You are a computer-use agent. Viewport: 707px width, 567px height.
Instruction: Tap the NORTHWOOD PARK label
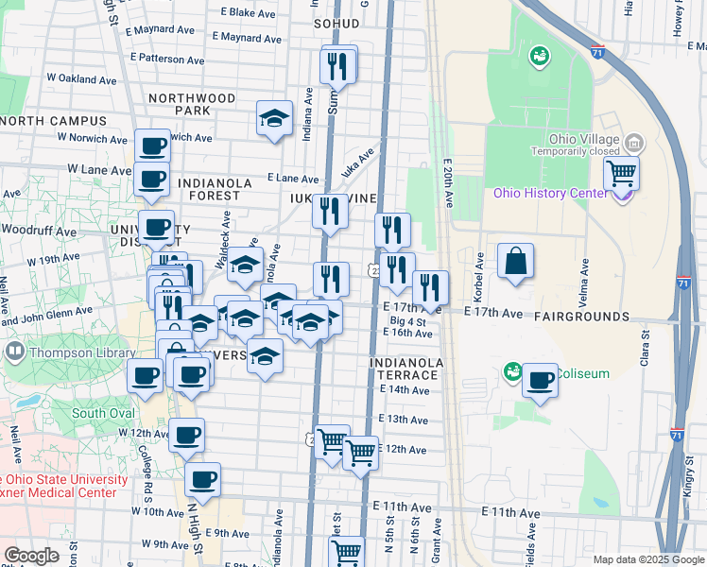pos(192,104)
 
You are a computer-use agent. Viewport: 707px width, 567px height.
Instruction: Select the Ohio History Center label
pos(550,194)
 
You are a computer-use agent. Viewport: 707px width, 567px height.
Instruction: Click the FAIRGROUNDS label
pos(581,316)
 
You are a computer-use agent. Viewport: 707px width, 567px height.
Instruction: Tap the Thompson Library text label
pos(69,352)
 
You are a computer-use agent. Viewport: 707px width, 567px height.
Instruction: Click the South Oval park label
pos(102,413)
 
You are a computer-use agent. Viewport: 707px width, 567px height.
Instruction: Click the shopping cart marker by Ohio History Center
pos(621,173)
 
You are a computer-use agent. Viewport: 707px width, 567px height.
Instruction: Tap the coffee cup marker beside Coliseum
pos(540,381)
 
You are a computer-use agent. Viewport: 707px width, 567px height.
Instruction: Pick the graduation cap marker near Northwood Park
pos(274,118)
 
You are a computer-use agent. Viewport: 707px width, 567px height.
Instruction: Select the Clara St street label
pos(645,346)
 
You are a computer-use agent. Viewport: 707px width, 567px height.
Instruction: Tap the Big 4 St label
pos(408,322)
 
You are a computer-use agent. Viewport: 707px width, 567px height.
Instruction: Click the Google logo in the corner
pos(31,556)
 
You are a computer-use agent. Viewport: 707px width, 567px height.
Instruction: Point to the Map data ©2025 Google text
pos(647,559)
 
